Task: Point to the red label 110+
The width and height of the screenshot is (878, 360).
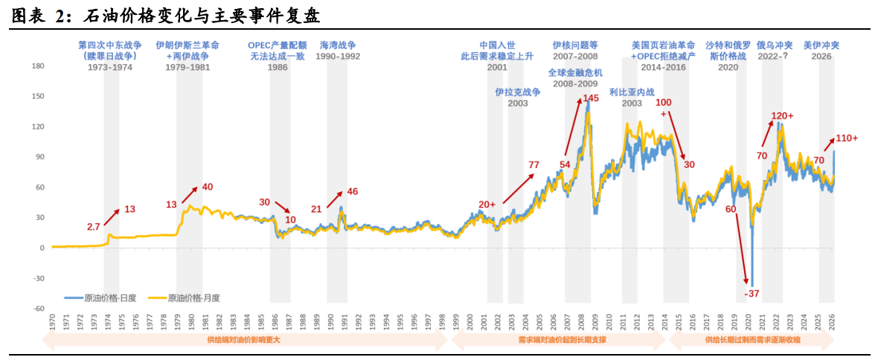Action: pyautogui.click(x=847, y=138)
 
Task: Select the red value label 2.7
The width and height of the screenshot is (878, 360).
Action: pyautogui.click(x=94, y=225)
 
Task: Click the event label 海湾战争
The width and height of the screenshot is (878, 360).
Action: pyautogui.click(x=338, y=45)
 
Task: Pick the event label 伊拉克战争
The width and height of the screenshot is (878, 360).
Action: pyautogui.click(x=517, y=92)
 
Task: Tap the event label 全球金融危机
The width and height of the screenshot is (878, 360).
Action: pyautogui.click(x=574, y=73)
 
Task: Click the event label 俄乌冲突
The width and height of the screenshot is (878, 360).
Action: pyautogui.click(x=775, y=45)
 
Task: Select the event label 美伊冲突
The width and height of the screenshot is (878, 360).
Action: pyautogui.click(x=821, y=45)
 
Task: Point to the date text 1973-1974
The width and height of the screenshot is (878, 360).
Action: pyautogui.click(x=111, y=67)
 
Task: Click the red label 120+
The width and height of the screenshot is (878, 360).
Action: pyautogui.click(x=781, y=116)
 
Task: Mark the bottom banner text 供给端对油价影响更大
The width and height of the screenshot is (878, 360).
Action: pyautogui.click(x=245, y=340)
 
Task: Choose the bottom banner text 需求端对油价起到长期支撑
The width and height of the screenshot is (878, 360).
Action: pyautogui.click(x=562, y=340)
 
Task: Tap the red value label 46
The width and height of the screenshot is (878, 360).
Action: pyautogui.click(x=352, y=191)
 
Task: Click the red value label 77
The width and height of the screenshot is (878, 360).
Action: pyautogui.click(x=533, y=164)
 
